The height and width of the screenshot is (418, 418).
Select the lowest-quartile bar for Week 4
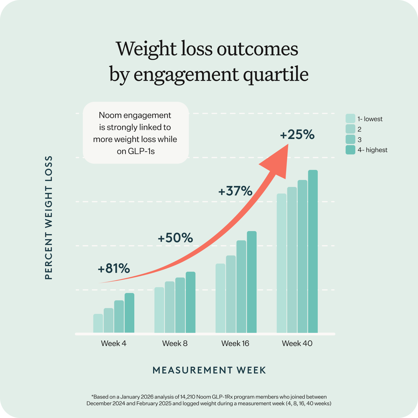click(x=98, y=323)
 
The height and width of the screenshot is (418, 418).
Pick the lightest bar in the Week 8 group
click(x=159, y=310)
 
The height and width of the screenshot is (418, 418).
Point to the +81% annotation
click(x=114, y=269)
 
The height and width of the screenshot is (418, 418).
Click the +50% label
click(x=175, y=238)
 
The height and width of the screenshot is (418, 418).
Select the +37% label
click(x=235, y=191)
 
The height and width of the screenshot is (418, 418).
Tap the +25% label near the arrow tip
click(x=297, y=135)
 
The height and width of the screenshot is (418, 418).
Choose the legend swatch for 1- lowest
click(x=350, y=119)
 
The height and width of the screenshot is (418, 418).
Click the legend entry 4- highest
click(x=372, y=150)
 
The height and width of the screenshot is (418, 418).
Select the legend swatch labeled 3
click(x=350, y=140)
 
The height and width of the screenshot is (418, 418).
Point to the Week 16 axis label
click(x=235, y=343)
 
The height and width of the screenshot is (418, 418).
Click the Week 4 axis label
click(x=114, y=343)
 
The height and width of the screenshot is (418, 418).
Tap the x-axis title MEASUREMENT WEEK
click(x=209, y=370)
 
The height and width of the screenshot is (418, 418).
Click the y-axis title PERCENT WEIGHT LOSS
click(x=49, y=218)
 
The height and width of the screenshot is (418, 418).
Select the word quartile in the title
click(x=276, y=75)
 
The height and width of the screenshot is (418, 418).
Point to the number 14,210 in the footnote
click(x=187, y=397)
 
